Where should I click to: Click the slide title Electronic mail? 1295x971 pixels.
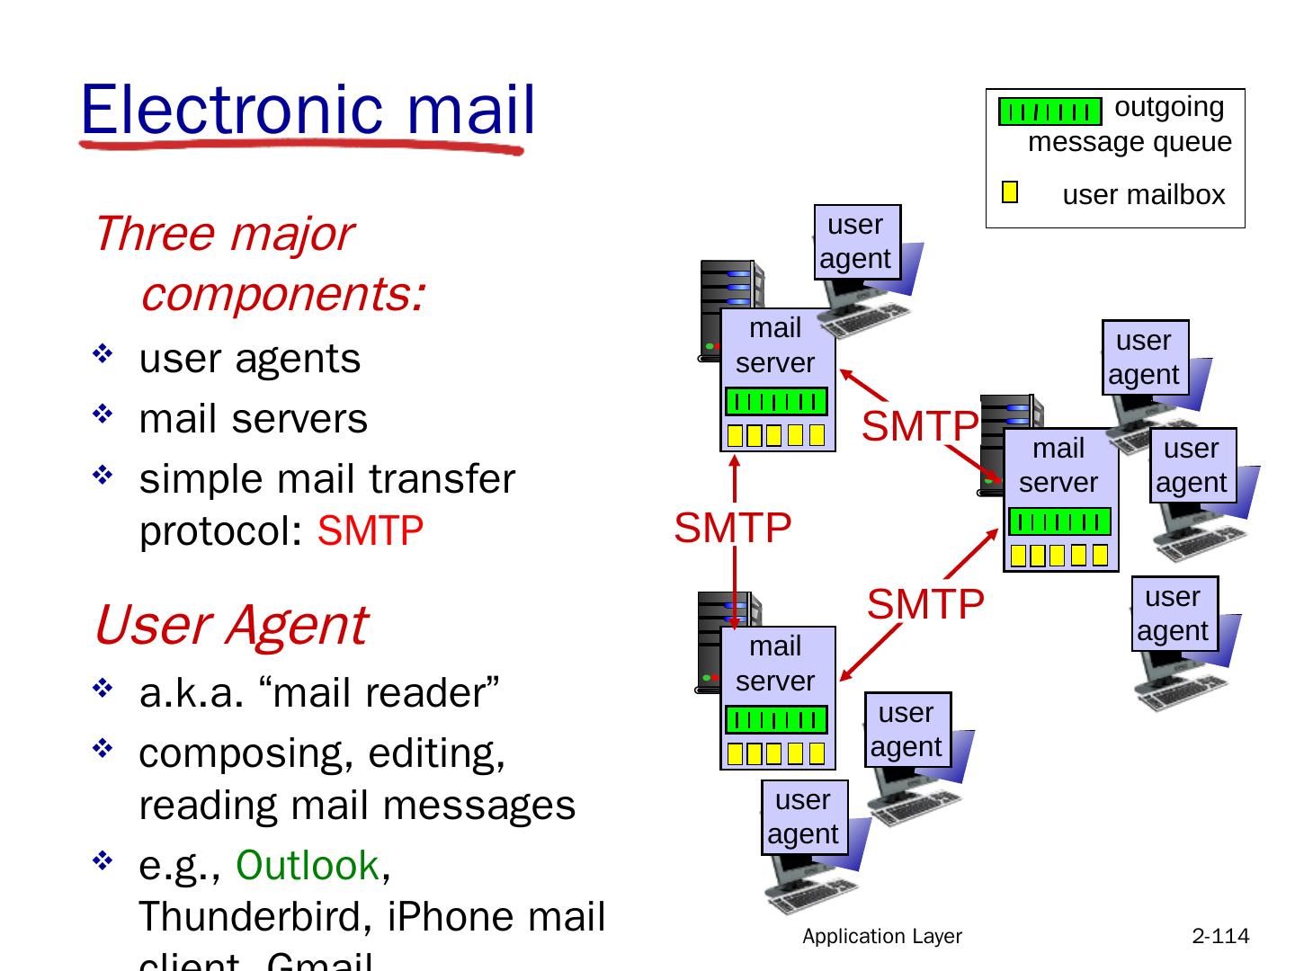coord(308,110)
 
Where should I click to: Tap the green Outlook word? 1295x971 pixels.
coord(307,866)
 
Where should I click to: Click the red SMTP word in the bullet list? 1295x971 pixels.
coord(371,531)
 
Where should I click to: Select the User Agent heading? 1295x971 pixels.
coord(230,625)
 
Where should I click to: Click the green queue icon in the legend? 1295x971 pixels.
coord(1049,112)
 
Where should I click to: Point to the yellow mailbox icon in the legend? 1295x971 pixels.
coord(1010,192)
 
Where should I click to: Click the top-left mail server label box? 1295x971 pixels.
coord(776,346)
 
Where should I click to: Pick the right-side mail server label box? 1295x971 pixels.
coord(1059,466)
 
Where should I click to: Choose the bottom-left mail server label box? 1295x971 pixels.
coord(776,664)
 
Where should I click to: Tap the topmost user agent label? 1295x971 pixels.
coord(856,241)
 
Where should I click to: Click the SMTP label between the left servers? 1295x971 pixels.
coord(733,528)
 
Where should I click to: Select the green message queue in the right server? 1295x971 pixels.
coord(1059,522)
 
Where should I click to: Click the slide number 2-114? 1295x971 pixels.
coord(1220,937)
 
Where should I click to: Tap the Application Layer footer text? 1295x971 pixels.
coord(882,937)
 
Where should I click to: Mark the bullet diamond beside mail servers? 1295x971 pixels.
coord(101,414)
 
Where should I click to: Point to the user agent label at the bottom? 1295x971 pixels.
coord(803,816)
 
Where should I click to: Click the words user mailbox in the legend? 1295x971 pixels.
coord(1144,195)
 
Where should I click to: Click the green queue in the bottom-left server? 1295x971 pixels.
coord(776,720)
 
